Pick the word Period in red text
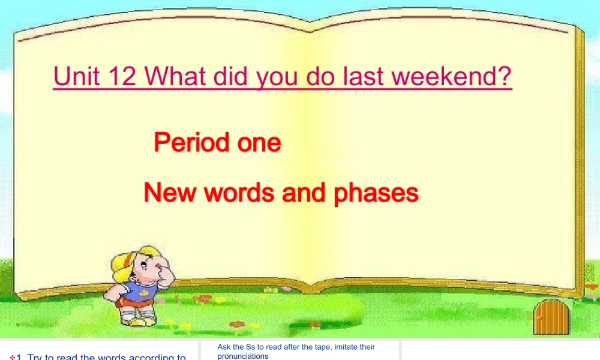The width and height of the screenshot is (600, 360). [x=191, y=143]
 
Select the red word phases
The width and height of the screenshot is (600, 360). [x=376, y=193]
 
